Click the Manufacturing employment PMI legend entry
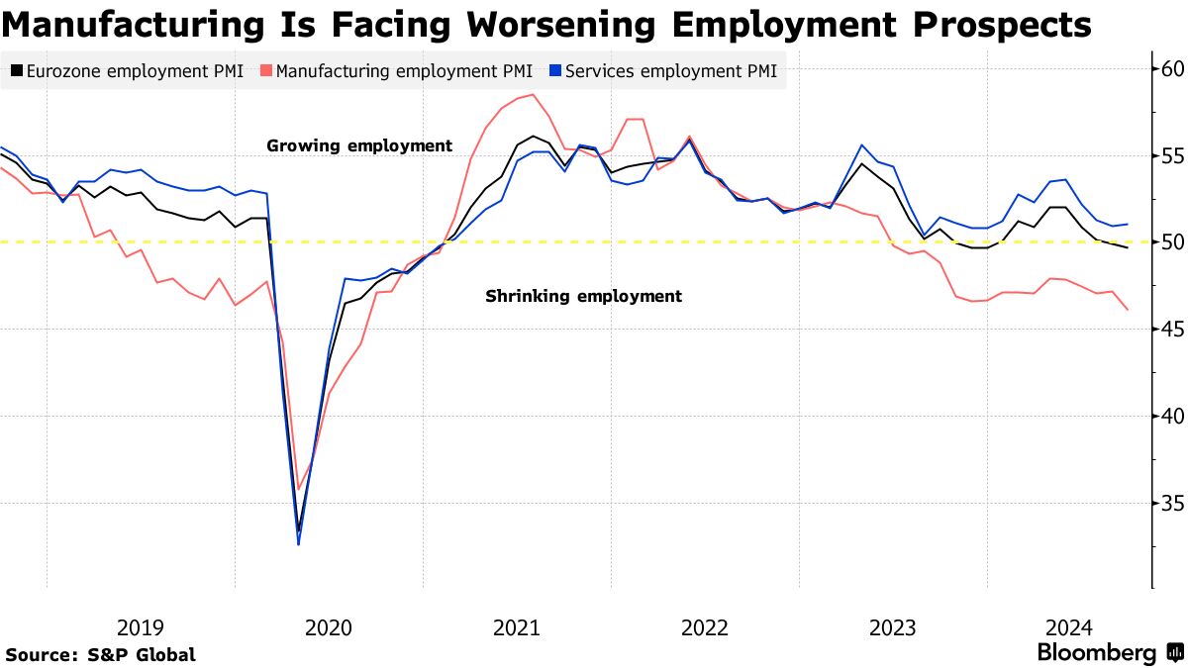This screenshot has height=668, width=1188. tap(397, 71)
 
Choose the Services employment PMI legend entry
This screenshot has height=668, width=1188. tap(662, 71)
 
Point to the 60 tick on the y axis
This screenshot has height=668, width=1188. tap(1173, 69)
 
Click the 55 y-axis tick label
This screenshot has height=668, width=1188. tap(1173, 155)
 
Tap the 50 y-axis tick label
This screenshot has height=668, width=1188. tap(1173, 242)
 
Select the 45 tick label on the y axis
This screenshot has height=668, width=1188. tap(1173, 330)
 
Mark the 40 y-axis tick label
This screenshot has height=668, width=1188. tap(1173, 416)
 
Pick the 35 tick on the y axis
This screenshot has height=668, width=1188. tap(1173, 503)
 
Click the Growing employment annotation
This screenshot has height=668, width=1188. tap(359, 145)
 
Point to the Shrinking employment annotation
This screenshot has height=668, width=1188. tap(583, 296)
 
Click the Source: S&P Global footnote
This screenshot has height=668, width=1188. tap(100, 654)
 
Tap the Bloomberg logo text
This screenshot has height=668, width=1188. tap(1097, 653)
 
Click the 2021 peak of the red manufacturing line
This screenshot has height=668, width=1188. tap(533, 95)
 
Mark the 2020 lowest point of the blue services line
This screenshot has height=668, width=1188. tap(298, 543)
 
